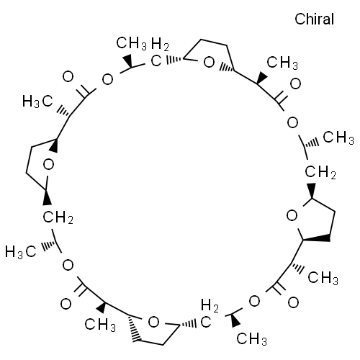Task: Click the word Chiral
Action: pyautogui.click(x=314, y=19)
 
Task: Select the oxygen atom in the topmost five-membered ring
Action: pyautogui.click(x=209, y=63)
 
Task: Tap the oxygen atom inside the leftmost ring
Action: pyautogui.click(x=48, y=165)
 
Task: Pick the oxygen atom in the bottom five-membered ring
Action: pyautogui.click(x=153, y=323)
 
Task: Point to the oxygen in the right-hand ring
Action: pyautogui.click(x=292, y=216)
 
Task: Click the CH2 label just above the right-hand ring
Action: pyautogui.click(x=320, y=172)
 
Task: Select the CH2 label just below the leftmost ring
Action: pyautogui.click(x=58, y=217)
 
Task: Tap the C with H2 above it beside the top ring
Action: pyautogui.click(x=156, y=61)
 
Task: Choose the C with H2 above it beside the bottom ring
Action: pyautogui.click(x=206, y=323)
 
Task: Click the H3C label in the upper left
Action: pyautogui.click(x=37, y=102)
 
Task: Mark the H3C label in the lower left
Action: pyautogui.click(x=21, y=252)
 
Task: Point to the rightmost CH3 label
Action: pyautogui.click(x=338, y=138)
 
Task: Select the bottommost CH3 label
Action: pyautogui.click(x=252, y=339)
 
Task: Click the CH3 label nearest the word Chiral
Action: pyautogui.click(x=282, y=63)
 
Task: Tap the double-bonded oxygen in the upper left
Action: pyautogui.click(x=68, y=77)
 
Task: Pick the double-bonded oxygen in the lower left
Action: pyautogui.click(x=66, y=304)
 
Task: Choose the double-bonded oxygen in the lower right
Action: pyautogui.click(x=293, y=302)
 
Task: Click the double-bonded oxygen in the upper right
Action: pyautogui.click(x=295, y=84)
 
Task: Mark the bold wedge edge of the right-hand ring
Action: pyautogui.click(x=316, y=238)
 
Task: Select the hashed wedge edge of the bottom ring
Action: pyautogui.click(x=133, y=328)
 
